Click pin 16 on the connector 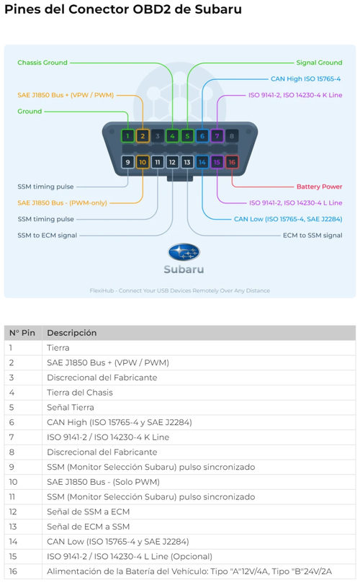pyautogui.click(x=232, y=162)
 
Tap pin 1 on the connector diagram pyautogui.click(x=127, y=135)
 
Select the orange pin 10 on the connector pyautogui.click(x=143, y=162)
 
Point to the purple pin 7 pyautogui.click(x=217, y=135)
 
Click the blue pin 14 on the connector pyautogui.click(x=202, y=162)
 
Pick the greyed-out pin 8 pyautogui.click(x=232, y=135)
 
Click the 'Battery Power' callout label pyautogui.click(x=319, y=187)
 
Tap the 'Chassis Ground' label pyautogui.click(x=42, y=63)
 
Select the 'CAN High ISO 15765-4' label pyautogui.click(x=305, y=79)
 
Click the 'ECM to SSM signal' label pyautogui.click(x=312, y=235)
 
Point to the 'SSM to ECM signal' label pyautogui.click(x=48, y=235)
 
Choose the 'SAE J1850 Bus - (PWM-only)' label pyautogui.click(x=62, y=202)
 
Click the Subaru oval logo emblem pyautogui.click(x=184, y=252)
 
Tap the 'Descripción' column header pyautogui.click(x=71, y=333)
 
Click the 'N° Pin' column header pyautogui.click(x=22, y=333)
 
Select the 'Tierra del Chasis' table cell pyautogui.click(x=80, y=393)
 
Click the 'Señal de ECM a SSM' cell pyautogui.click(x=89, y=527)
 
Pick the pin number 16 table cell pyautogui.click(x=13, y=571)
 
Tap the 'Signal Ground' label pyautogui.click(x=319, y=63)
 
